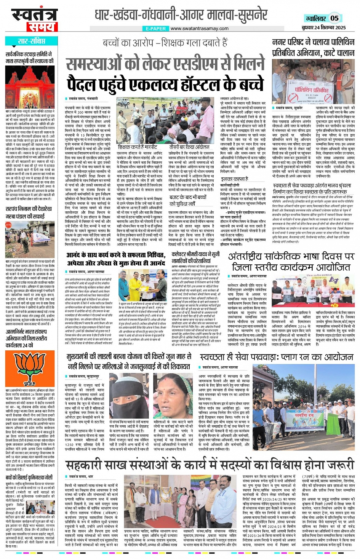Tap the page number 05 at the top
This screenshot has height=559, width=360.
click(x=334, y=18)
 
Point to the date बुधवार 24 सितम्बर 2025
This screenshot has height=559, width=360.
click(x=323, y=27)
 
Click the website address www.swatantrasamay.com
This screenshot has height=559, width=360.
click(x=199, y=28)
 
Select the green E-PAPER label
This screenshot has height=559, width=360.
click(x=156, y=29)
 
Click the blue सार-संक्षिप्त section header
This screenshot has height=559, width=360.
click(x=31, y=41)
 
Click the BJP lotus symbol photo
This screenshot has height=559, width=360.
click(x=30, y=367)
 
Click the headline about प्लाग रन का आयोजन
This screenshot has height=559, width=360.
click(x=277, y=357)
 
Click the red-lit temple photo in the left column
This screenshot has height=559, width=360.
click(x=30, y=87)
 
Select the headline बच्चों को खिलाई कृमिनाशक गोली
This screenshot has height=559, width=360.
click(x=30, y=477)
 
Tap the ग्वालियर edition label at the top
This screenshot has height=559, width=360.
click(x=315, y=18)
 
